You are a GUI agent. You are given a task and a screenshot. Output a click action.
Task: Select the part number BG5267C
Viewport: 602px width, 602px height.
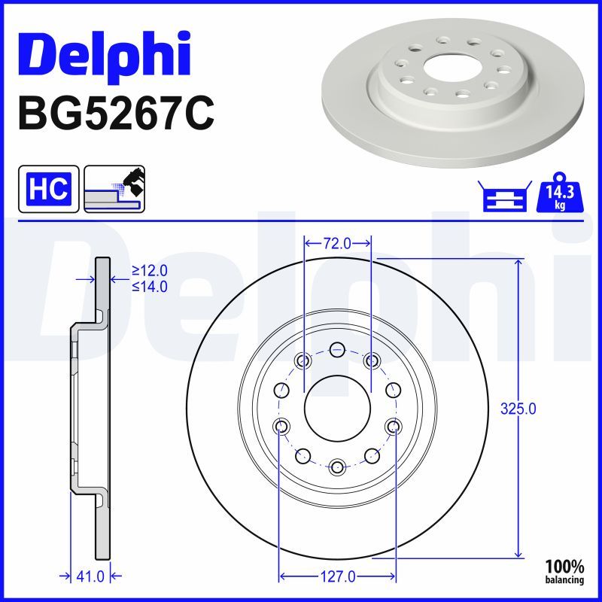(x=116, y=114)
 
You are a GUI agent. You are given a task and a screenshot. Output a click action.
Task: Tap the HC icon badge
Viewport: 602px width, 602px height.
(x=49, y=189)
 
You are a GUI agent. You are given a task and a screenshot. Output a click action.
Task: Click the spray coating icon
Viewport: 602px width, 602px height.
(x=114, y=189)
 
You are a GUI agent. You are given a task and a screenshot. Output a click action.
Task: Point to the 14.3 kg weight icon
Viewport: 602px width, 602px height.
(x=560, y=193)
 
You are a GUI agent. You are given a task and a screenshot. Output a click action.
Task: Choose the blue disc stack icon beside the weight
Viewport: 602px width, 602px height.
(x=505, y=196)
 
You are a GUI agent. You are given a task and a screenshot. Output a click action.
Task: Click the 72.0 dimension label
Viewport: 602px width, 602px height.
(x=337, y=243)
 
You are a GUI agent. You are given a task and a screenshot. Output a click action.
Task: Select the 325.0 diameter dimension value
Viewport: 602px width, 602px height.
(x=518, y=409)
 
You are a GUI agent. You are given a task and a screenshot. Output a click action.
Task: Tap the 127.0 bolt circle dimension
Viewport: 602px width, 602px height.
(x=337, y=576)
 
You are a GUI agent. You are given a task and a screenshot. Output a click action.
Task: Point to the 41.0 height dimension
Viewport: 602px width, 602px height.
(x=90, y=576)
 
